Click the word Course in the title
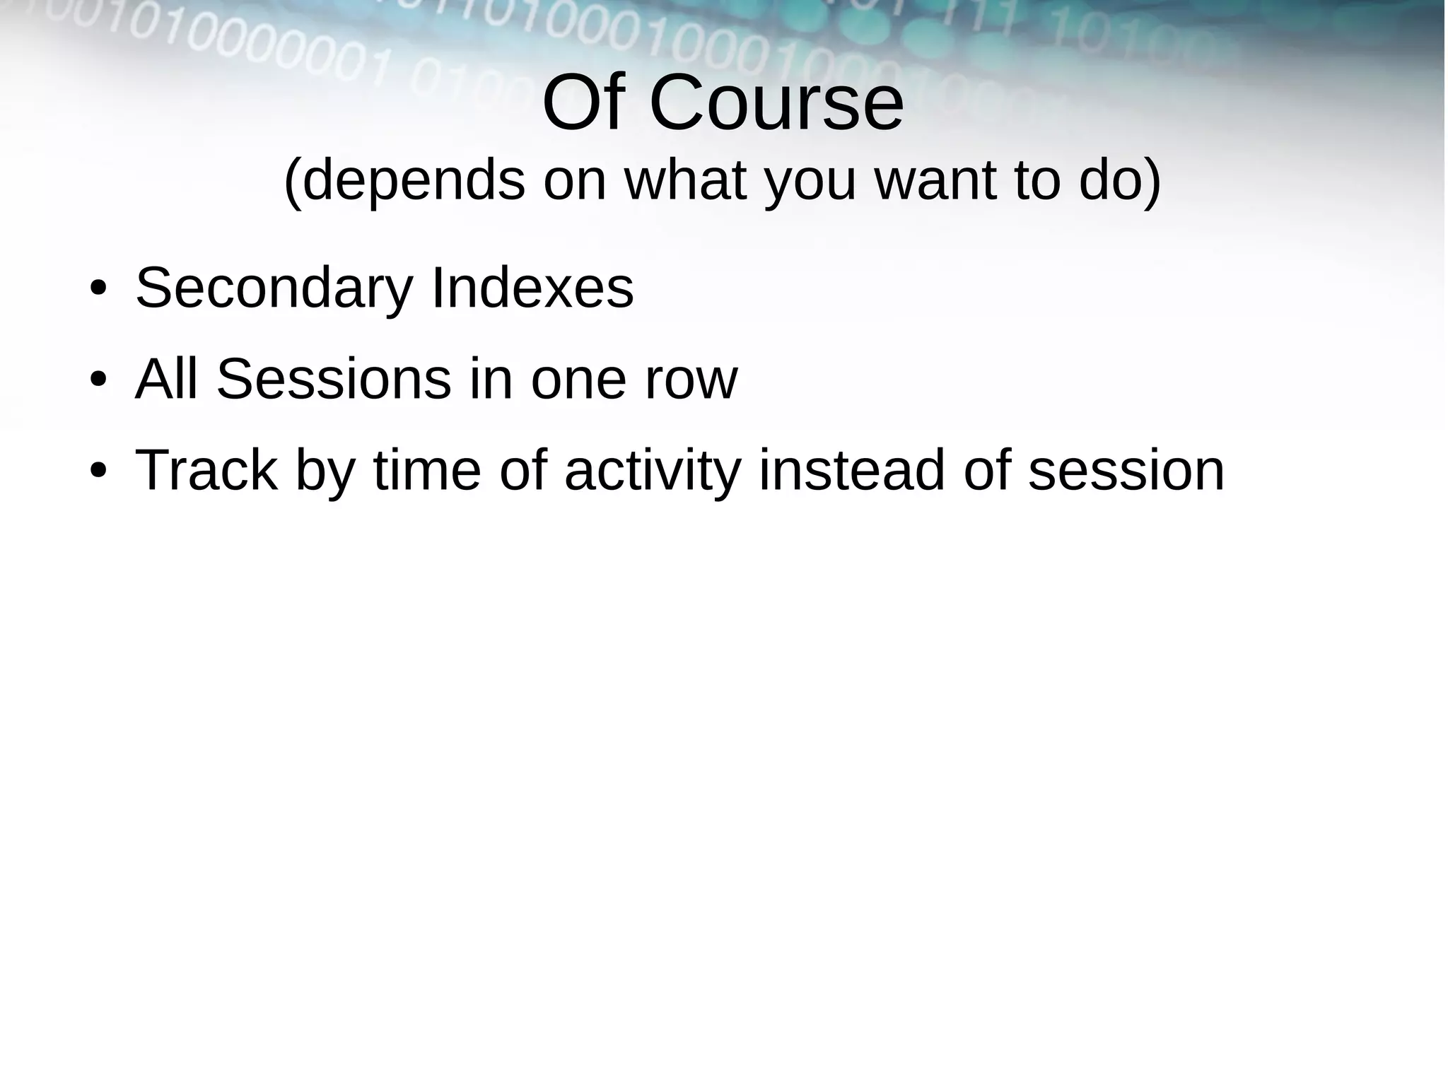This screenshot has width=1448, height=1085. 776,104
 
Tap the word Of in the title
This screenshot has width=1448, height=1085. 583,104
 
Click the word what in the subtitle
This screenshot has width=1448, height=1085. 685,181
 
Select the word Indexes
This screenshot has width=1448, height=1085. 532,288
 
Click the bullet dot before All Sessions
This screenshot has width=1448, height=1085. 98,380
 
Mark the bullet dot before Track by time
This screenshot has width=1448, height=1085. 98,471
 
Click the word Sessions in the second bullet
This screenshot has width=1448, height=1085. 334,380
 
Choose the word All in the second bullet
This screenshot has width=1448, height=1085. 167,380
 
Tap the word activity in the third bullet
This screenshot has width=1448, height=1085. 653,471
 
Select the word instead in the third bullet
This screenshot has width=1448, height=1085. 851,470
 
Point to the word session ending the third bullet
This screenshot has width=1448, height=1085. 1126,471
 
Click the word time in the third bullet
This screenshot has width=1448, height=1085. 427,470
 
